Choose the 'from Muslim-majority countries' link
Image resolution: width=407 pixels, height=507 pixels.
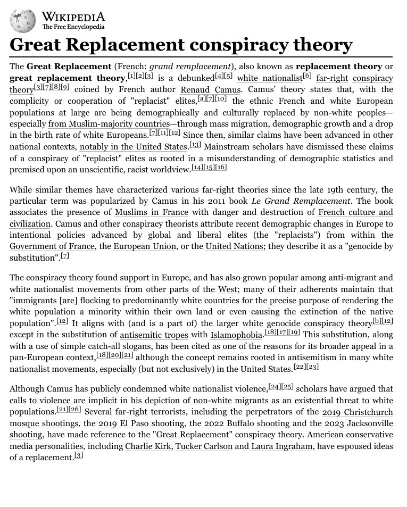[109, 124]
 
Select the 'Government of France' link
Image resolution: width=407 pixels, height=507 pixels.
[51, 246]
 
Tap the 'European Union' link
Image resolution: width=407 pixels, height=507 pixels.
[142, 246]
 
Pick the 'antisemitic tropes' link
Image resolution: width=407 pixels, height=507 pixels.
[154, 335]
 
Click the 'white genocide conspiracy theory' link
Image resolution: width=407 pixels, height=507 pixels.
[307, 323]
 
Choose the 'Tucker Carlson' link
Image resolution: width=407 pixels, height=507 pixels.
[203, 446]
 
